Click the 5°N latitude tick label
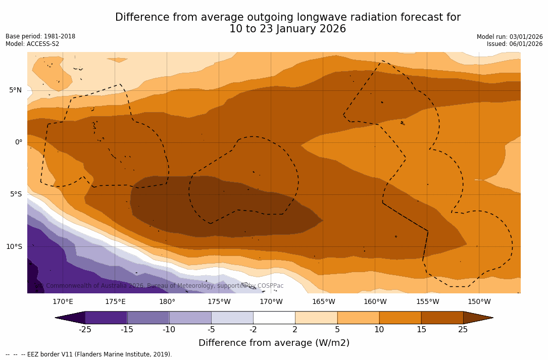(x=15, y=90)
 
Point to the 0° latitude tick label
(x=19, y=142)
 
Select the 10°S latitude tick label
(x=14, y=247)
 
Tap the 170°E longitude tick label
(x=63, y=302)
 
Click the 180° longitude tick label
(x=167, y=302)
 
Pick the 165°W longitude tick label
(x=323, y=302)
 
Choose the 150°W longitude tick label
(x=479, y=302)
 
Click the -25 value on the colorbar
(x=85, y=330)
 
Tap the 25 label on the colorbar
(x=463, y=330)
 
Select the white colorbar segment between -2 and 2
(x=274, y=318)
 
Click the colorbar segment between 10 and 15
(x=400, y=318)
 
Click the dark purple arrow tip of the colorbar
(x=70, y=318)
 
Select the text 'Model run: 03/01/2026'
(x=510, y=37)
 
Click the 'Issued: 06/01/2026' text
(x=515, y=44)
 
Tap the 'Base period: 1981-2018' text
(x=40, y=36)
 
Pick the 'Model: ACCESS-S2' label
(x=32, y=44)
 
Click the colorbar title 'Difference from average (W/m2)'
(x=274, y=343)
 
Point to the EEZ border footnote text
(x=89, y=354)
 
